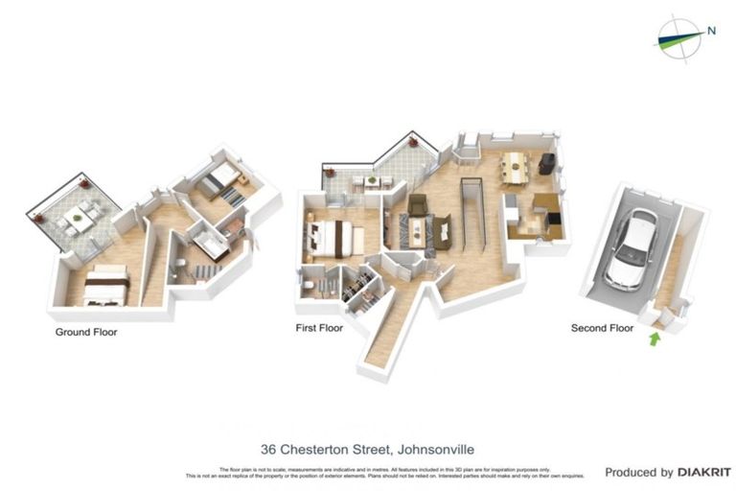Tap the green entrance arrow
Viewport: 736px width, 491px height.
(x=655, y=338)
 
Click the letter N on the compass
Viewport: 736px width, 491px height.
(x=711, y=30)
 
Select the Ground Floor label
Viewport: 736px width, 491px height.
(x=85, y=333)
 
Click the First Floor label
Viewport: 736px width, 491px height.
(x=319, y=328)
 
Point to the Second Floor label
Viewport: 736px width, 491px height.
(x=602, y=328)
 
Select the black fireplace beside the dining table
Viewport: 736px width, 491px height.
(x=546, y=164)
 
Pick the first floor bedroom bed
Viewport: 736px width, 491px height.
(x=331, y=237)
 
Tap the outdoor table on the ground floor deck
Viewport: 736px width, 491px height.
(x=74, y=220)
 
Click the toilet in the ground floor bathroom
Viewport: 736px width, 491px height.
(x=179, y=266)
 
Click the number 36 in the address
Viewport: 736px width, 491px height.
(x=269, y=449)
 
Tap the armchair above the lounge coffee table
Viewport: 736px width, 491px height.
(x=418, y=204)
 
